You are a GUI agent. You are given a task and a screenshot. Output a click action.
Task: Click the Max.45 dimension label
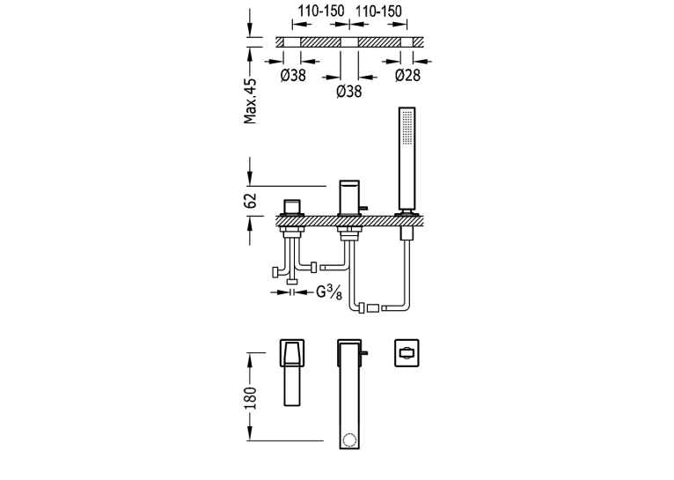coord(250,101)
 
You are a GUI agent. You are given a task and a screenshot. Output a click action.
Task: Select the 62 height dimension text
coord(250,201)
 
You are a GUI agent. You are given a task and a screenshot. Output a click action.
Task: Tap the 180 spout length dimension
coord(250,398)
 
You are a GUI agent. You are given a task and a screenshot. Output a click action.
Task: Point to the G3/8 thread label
coord(329,292)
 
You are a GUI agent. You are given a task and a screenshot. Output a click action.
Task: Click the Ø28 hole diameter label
coord(407,75)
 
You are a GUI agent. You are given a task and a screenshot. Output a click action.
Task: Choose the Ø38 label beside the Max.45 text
coord(293,75)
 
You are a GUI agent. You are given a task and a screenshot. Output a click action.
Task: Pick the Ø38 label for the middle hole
coord(349,92)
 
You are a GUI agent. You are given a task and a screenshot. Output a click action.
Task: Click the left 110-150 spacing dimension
coord(321,11)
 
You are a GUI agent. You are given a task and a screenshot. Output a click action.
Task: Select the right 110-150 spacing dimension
coord(378,11)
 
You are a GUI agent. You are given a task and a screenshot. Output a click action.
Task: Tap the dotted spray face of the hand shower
coord(407,127)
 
